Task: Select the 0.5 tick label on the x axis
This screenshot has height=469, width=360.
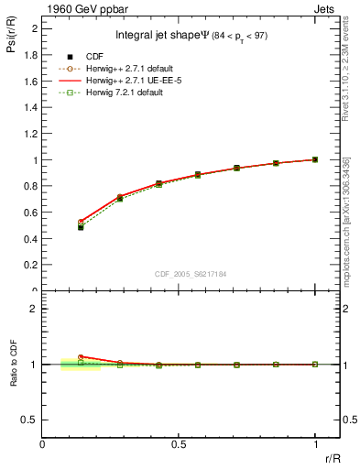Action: (x=179, y=444)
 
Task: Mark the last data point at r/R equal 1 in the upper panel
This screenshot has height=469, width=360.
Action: (x=315, y=159)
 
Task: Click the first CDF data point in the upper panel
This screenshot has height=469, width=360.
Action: (x=81, y=227)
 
